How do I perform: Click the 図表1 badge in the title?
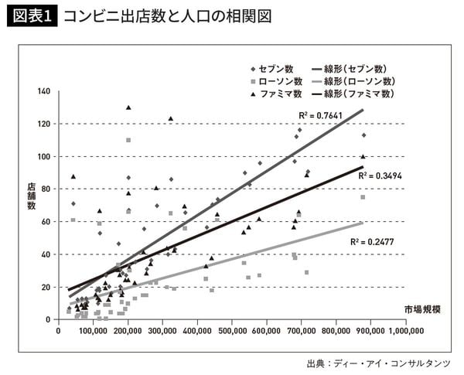click(x=30, y=15)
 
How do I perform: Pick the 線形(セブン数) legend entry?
click(x=352, y=69)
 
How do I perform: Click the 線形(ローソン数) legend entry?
click(x=355, y=81)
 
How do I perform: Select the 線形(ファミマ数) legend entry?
click(x=355, y=94)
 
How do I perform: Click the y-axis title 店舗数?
click(x=32, y=196)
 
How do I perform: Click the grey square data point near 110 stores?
click(x=128, y=140)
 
